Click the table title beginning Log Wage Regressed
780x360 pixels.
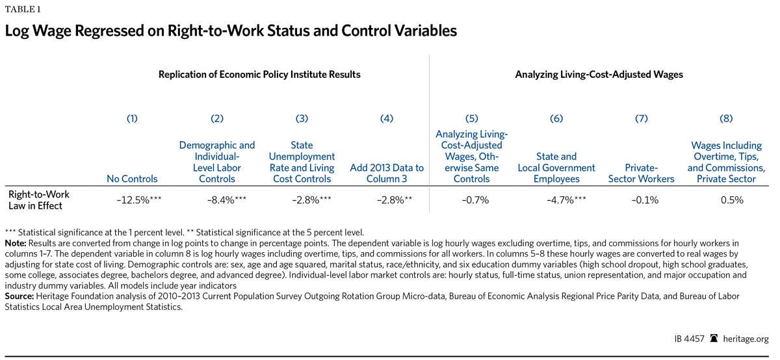point(231,31)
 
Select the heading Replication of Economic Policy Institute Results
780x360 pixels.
point(259,75)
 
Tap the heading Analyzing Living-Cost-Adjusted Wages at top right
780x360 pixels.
point(599,75)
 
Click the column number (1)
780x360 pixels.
point(132,118)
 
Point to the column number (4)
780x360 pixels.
point(387,118)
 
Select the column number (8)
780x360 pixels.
point(726,118)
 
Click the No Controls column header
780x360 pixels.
point(132,179)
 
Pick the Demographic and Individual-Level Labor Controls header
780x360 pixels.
point(217,162)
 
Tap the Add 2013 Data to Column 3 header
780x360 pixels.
point(387,174)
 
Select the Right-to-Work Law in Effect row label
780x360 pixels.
point(39,199)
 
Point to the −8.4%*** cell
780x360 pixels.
point(222,200)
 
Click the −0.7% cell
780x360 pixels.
point(471,200)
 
